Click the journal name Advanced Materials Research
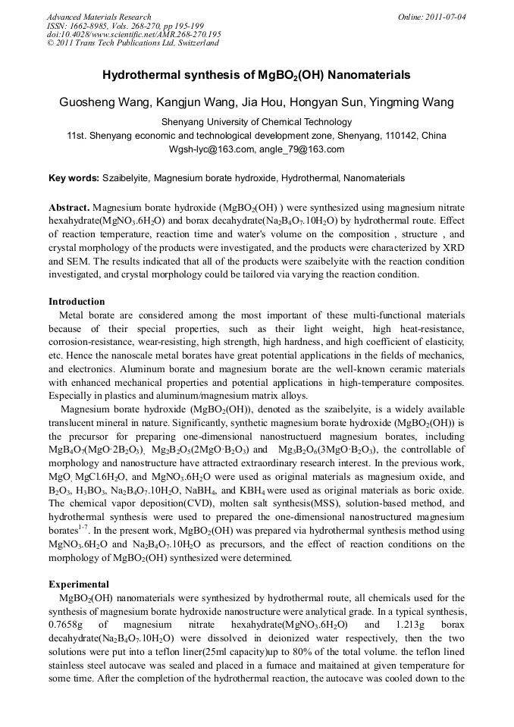99,17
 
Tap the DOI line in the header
133,34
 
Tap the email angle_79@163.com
301,149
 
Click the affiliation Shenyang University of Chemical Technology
256,121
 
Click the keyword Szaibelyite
127,178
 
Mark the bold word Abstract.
69,207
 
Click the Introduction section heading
77,302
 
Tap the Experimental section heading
79,584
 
